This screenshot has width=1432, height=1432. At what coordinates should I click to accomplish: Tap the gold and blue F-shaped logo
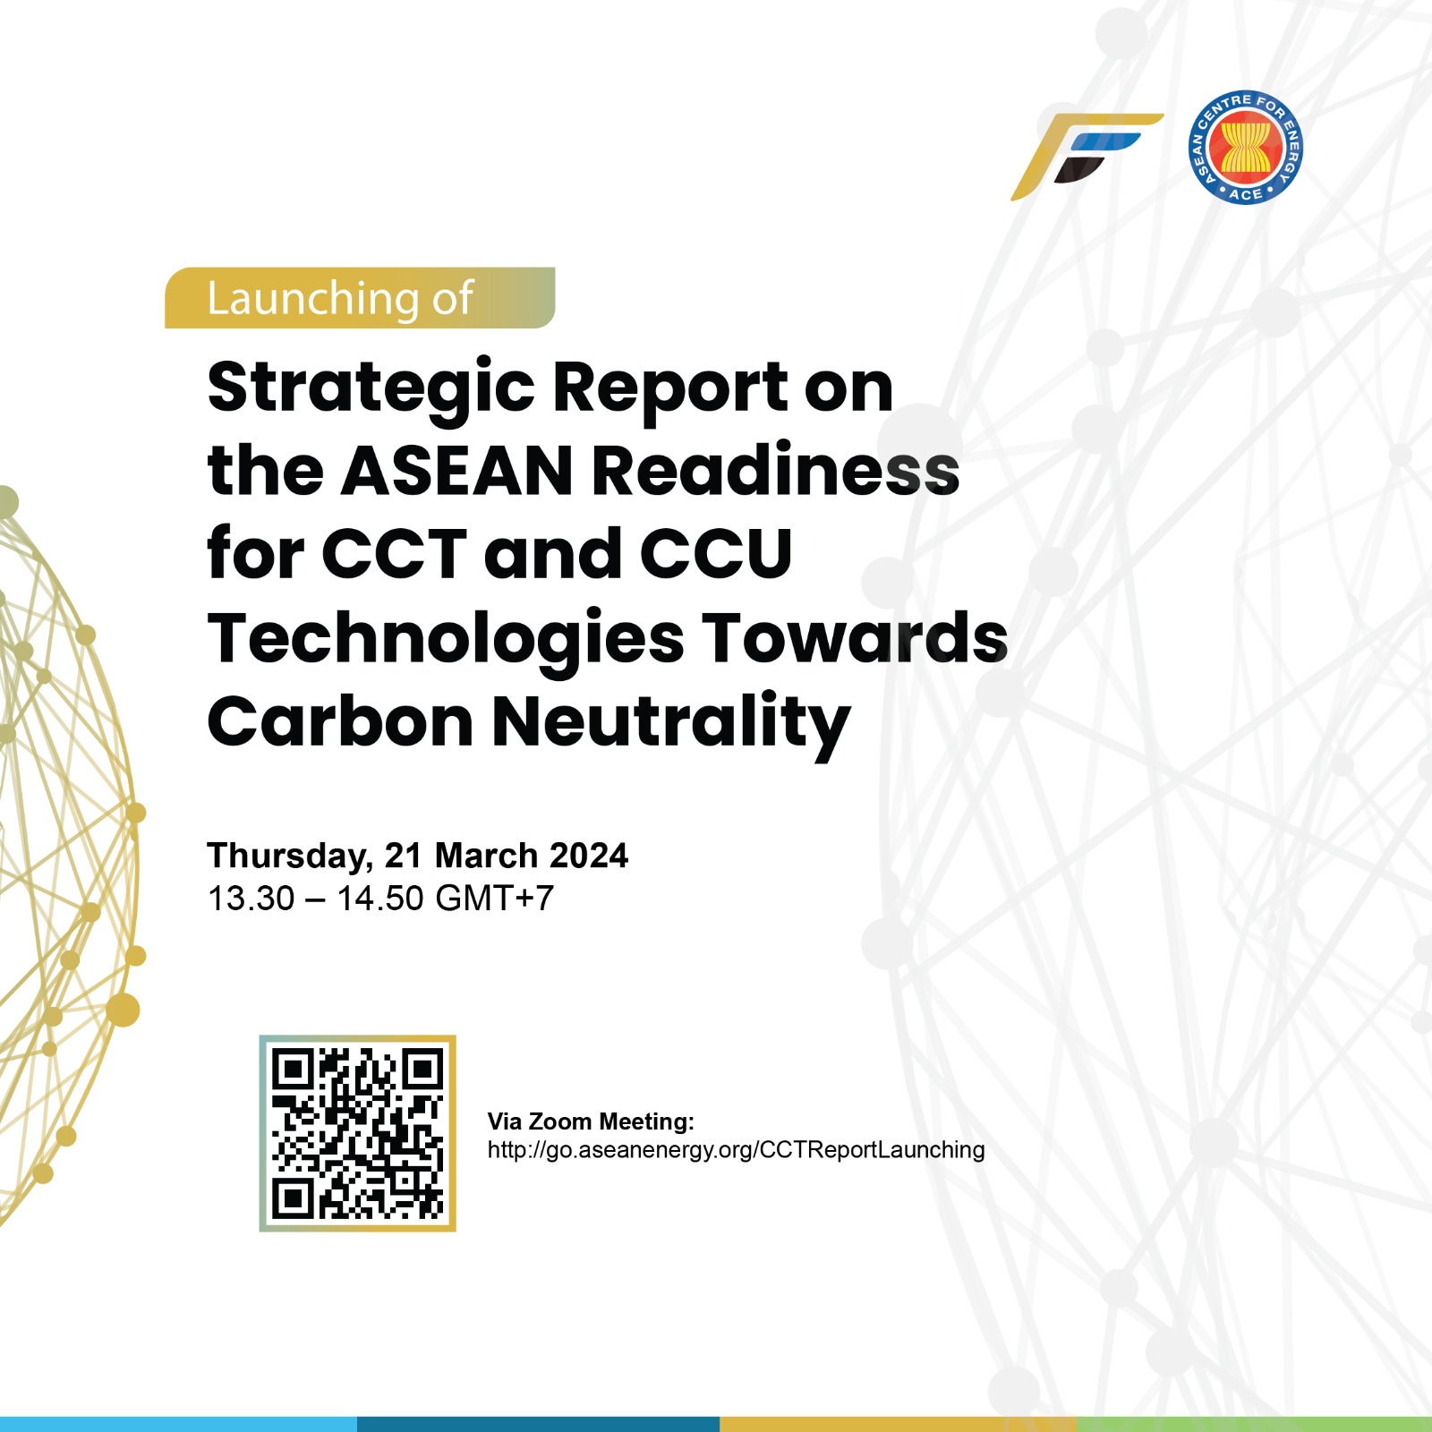tap(1086, 156)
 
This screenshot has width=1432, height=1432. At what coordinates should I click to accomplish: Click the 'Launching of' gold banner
tap(359, 298)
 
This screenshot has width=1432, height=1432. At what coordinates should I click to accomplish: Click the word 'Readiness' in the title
tap(775, 471)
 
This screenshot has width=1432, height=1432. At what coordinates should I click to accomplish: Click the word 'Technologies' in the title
tap(446, 639)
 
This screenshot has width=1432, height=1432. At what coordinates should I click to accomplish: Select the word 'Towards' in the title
tap(855, 637)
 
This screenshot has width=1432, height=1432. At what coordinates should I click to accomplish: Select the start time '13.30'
tap(251, 899)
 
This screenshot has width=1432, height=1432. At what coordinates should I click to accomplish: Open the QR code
tap(357, 1133)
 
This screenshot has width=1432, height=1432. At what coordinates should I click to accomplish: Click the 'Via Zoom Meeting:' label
tap(591, 1121)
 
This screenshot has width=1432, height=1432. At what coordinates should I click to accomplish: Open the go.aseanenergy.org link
tap(736, 1150)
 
